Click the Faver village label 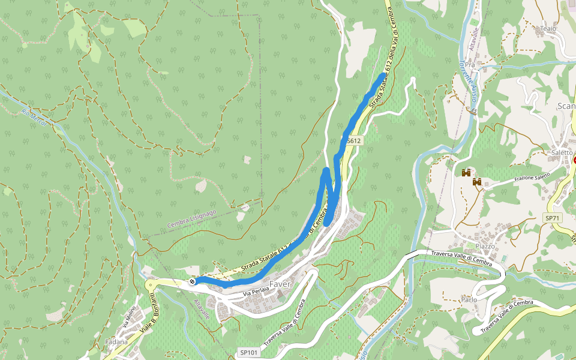coord(280,284)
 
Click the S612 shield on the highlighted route coord(353,141)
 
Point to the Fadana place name coord(116,341)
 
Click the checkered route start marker coord(191,281)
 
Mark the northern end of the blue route coord(383,74)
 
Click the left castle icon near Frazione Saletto coord(466,173)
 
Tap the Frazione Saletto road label coord(524,178)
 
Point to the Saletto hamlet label coord(562,152)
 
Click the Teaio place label coord(548,28)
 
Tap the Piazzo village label coord(485,246)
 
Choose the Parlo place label coord(469,299)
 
